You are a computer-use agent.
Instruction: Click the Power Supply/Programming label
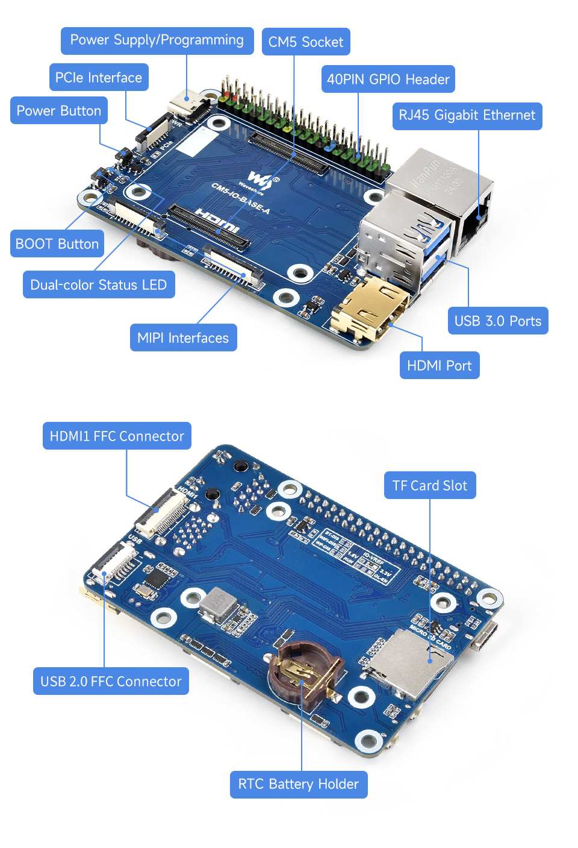tap(157, 40)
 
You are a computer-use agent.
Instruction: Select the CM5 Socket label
tap(306, 42)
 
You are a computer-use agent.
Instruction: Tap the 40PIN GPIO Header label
tap(388, 80)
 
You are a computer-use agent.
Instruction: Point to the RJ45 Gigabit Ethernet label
tap(467, 116)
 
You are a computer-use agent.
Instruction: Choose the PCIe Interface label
tap(99, 78)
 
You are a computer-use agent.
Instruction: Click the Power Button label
tap(59, 111)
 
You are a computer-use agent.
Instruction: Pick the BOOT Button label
tap(57, 244)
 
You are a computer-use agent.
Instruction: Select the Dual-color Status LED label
tap(99, 285)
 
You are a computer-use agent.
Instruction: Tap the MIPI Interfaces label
tap(183, 338)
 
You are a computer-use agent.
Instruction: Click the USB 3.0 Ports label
tap(498, 321)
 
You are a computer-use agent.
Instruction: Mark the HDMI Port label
tap(440, 366)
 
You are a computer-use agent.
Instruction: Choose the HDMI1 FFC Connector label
tap(117, 436)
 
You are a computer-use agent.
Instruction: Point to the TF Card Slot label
tap(430, 486)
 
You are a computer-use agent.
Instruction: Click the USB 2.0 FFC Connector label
tap(111, 682)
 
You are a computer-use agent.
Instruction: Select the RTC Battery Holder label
tap(299, 785)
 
